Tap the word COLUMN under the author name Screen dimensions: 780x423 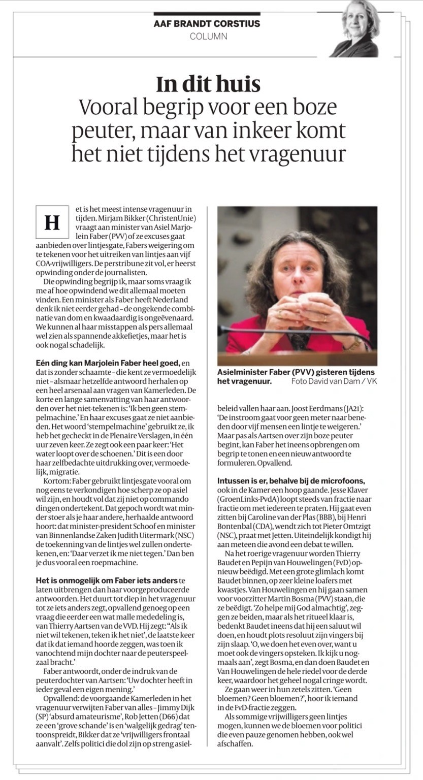pos(208,37)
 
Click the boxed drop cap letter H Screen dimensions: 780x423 pos(52,222)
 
